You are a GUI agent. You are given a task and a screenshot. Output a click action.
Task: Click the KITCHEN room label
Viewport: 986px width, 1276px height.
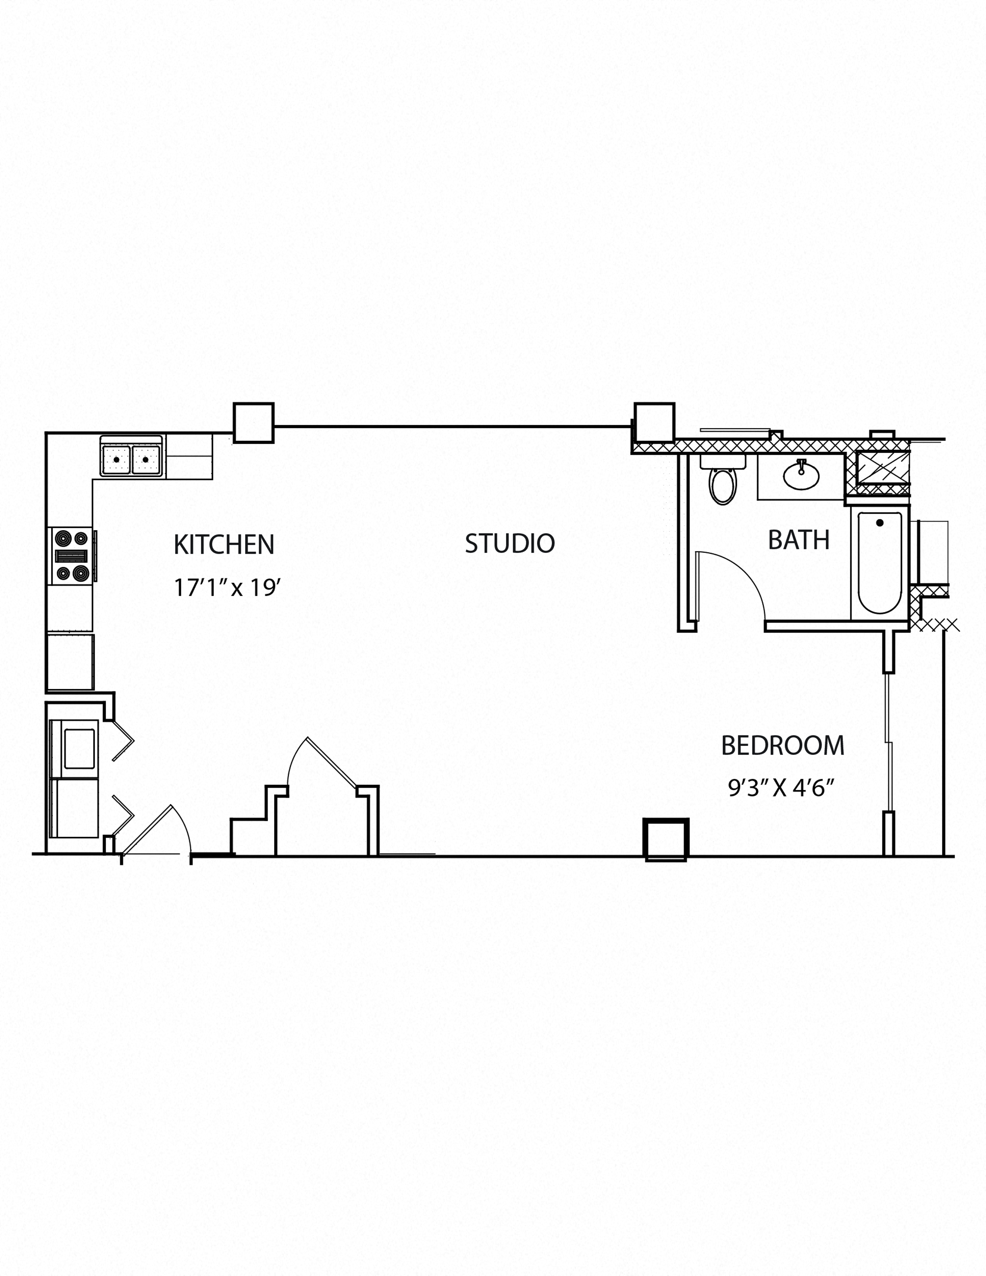224,545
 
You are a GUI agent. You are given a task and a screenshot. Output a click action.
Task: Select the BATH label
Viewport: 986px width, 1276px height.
798,540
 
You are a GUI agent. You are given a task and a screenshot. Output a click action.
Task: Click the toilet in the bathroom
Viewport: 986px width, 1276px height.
723,483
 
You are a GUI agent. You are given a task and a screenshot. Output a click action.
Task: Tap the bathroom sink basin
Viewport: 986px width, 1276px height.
801,475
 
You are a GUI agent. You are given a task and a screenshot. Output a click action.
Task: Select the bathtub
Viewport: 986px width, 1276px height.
879,562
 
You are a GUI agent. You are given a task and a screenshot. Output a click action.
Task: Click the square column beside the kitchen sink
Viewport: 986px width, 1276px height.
254,422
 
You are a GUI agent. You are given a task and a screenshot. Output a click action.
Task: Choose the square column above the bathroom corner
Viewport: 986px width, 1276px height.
654,422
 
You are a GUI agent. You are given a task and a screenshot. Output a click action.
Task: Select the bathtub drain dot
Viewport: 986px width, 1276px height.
880,523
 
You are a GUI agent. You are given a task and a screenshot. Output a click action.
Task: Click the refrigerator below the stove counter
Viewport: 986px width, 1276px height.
70,662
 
